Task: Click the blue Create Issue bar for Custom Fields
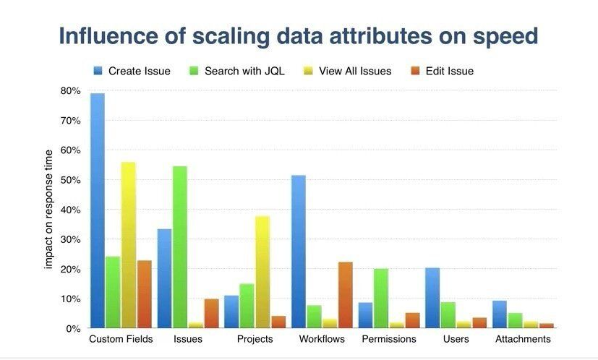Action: [x=97, y=210]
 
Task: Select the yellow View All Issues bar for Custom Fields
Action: [x=129, y=245]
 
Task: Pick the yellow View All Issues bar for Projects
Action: [x=262, y=272]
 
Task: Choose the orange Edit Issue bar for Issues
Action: [x=211, y=313]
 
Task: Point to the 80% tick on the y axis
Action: [x=70, y=91]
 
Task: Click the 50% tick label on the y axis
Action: [x=70, y=180]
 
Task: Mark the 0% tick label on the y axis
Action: [x=72, y=328]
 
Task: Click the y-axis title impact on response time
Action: [x=49, y=209]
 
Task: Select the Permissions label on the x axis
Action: [x=389, y=339]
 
